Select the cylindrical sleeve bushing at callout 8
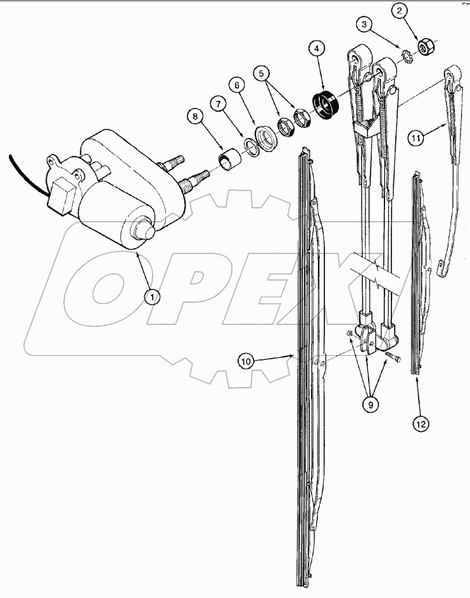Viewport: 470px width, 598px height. click(228, 158)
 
